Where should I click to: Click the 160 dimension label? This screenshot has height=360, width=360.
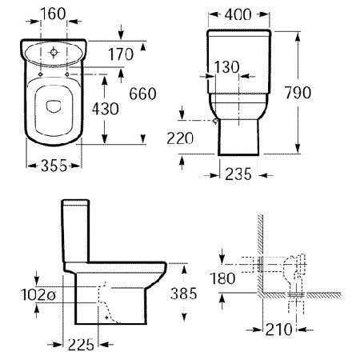coord(53,14)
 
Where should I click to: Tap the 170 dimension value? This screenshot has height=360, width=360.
coord(121,54)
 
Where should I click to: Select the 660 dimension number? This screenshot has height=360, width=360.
coord(142,94)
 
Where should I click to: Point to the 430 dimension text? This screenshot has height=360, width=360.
coord(106,109)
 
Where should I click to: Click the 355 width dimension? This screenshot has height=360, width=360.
coord(54,166)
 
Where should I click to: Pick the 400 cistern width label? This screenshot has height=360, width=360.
coord(238,14)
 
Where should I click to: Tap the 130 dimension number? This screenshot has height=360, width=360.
coord(226,66)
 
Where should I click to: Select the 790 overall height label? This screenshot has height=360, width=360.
coord(298,93)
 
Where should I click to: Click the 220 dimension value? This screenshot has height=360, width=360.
coord(180,138)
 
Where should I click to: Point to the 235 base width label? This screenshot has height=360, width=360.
coord(238,174)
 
